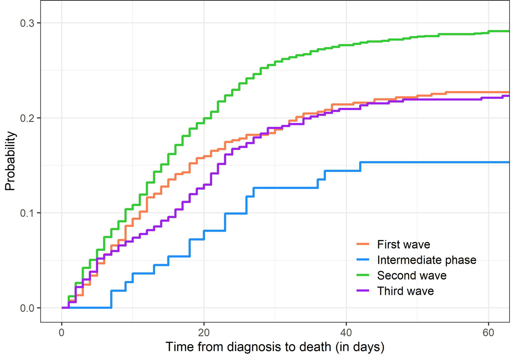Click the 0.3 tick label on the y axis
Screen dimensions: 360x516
coord(28,23)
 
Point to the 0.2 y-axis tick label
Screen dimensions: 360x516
coord(28,118)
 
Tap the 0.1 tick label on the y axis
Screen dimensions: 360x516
coord(28,213)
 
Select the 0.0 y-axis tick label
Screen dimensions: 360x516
coord(28,308)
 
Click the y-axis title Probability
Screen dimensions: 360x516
coord(10,161)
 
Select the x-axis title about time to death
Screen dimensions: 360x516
coord(275,347)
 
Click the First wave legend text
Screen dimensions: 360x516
coord(403,244)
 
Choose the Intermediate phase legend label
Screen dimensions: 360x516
coord(427,260)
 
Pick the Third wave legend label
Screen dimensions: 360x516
coord(405,291)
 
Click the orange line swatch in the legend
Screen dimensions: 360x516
coord(363,244)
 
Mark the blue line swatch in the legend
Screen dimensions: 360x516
coord(363,260)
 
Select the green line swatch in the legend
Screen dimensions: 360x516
coord(363,275)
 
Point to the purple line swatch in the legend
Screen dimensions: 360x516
coord(363,291)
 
